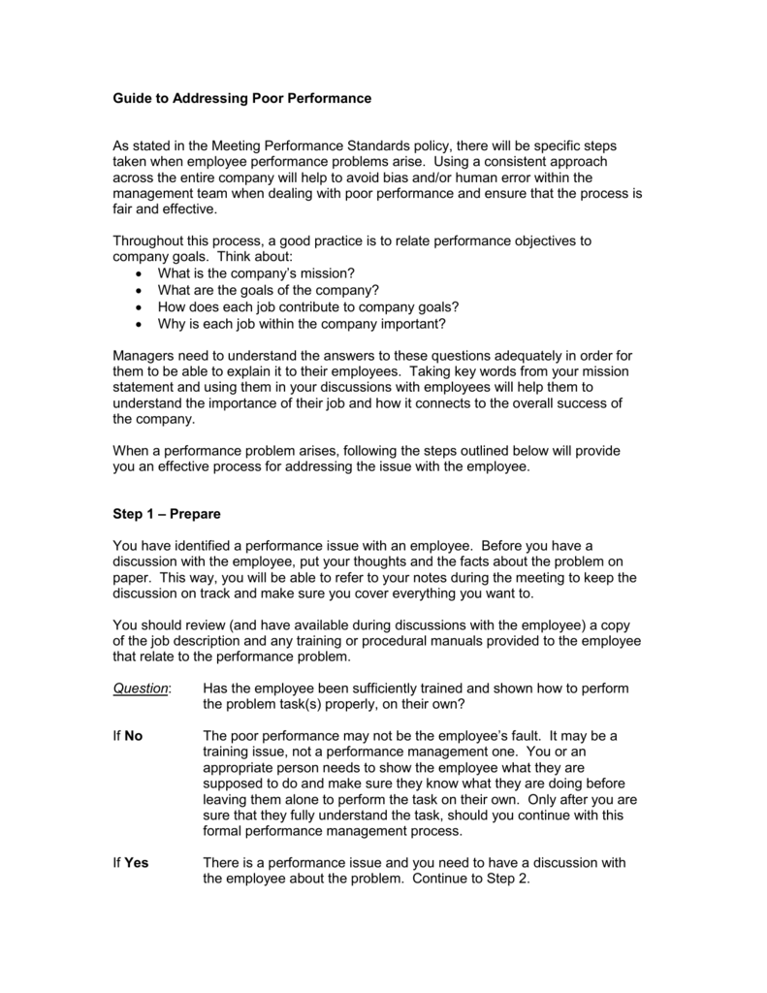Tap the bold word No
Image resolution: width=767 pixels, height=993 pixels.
click(133, 735)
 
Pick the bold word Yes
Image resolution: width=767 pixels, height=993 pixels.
click(137, 862)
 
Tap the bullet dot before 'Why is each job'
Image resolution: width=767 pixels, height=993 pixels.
click(142, 325)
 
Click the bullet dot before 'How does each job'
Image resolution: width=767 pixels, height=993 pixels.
click(142, 307)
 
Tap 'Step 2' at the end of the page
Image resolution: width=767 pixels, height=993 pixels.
click(506, 879)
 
